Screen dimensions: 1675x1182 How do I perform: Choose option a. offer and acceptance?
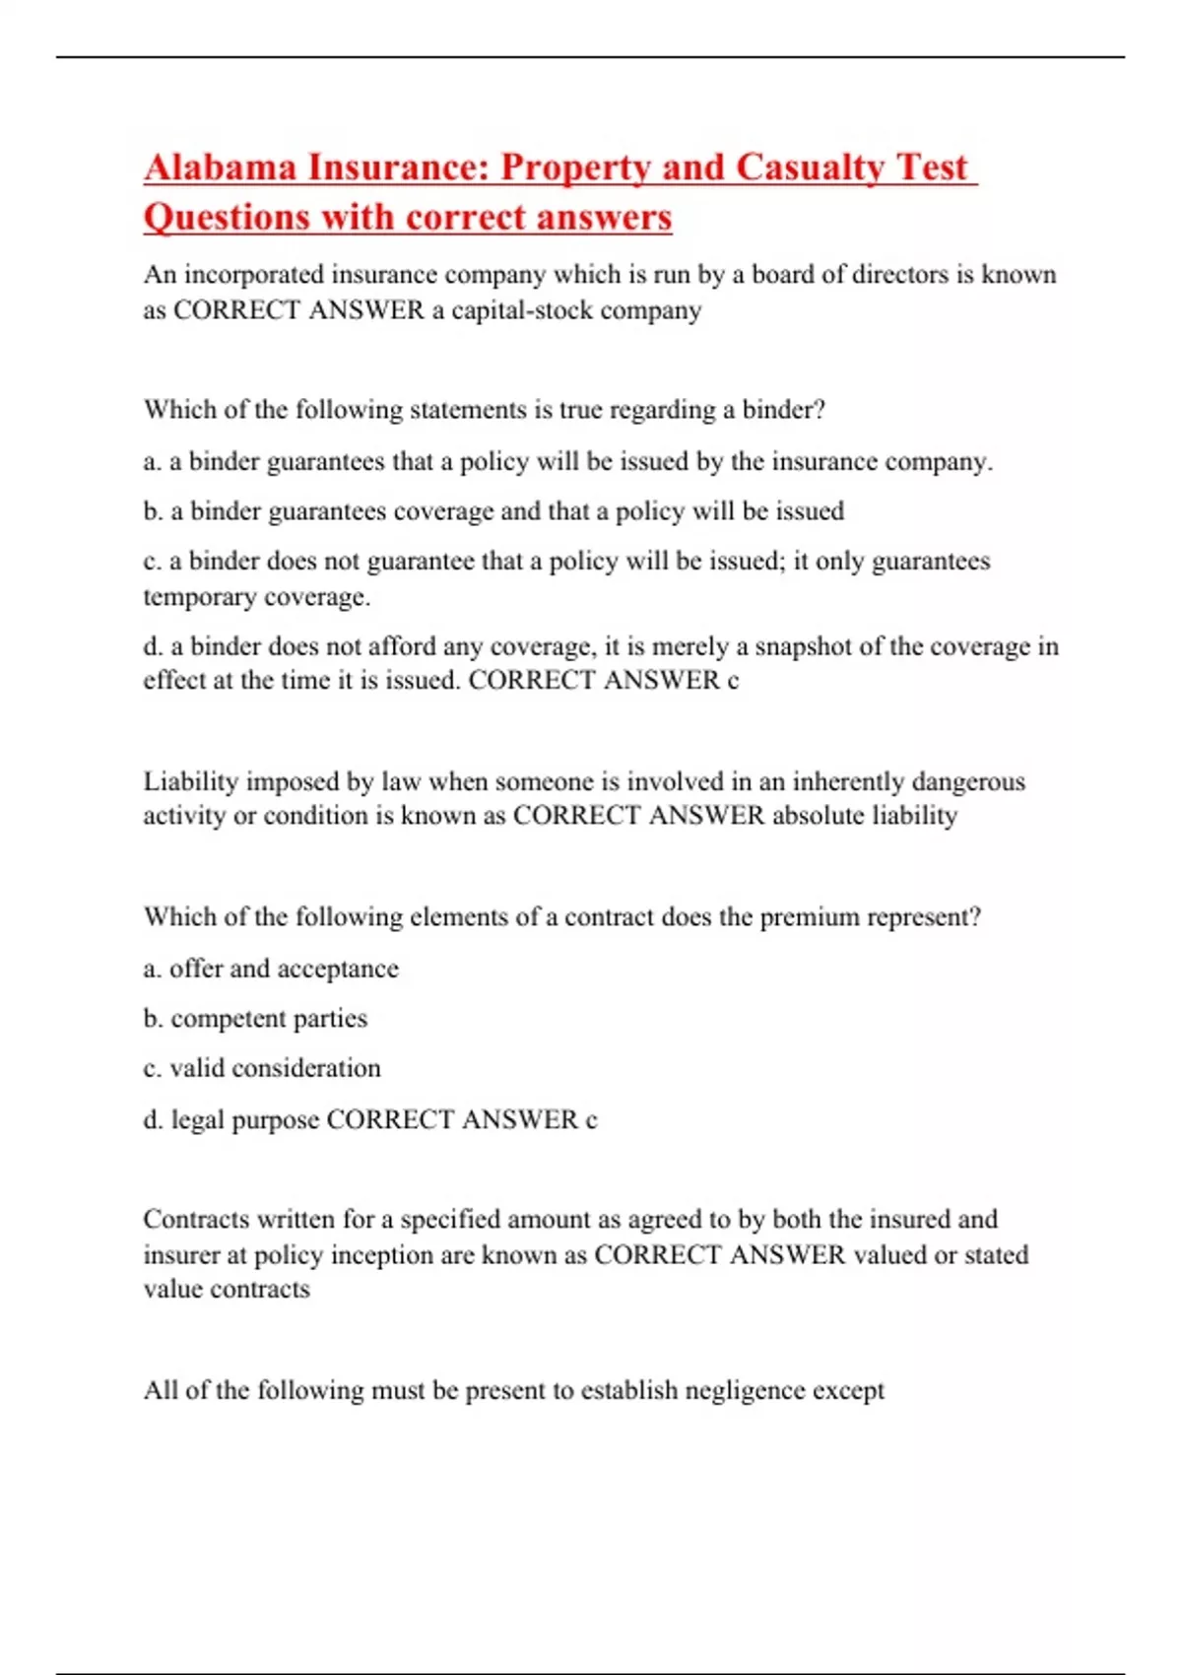[x=271, y=969]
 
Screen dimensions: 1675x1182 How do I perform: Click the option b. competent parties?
[x=255, y=1018]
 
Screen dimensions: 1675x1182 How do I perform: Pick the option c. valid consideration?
[x=262, y=1068]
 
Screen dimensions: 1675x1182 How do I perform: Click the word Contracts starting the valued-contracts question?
[x=196, y=1219]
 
